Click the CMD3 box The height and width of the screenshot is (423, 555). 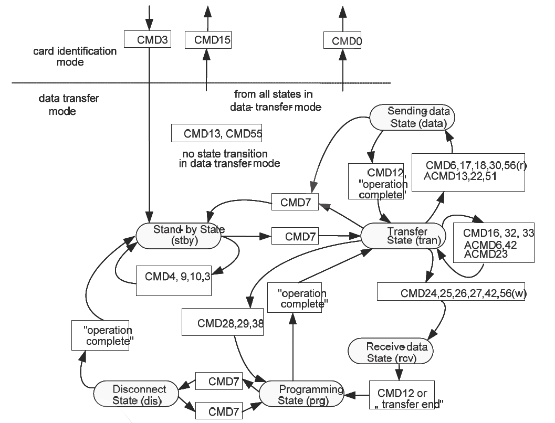pos(148,39)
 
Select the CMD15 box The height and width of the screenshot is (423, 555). pos(208,39)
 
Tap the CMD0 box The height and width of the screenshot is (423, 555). pos(343,40)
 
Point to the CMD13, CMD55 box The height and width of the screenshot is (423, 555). pos(216,133)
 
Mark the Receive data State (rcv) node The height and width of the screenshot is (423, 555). pos(391,351)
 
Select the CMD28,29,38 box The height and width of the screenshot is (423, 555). pos(222,322)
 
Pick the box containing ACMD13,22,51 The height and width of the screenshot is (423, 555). pos(468,172)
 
